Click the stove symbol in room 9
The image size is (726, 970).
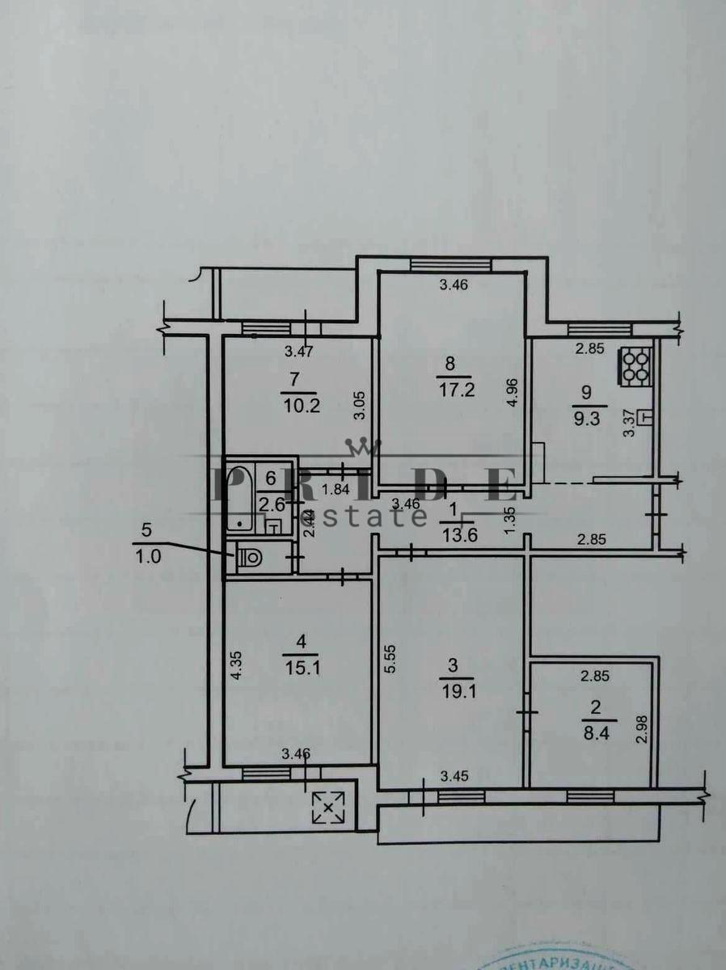(x=636, y=365)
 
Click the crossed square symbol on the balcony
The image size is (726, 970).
(x=328, y=807)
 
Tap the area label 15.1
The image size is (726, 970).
(x=302, y=668)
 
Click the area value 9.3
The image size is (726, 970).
(x=587, y=420)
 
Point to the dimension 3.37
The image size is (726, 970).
(x=629, y=424)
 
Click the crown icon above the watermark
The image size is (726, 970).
(x=362, y=447)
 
